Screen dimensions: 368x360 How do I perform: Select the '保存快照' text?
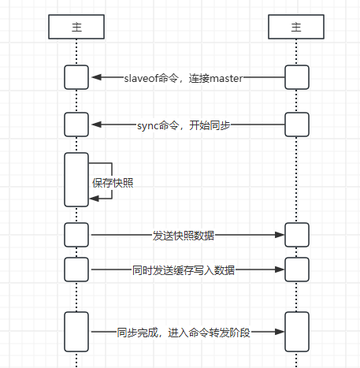[113, 183]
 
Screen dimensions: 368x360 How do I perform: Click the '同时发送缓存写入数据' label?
[184, 270]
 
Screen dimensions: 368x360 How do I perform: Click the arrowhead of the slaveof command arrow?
[96, 77]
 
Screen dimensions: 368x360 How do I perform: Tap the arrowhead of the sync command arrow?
[96, 125]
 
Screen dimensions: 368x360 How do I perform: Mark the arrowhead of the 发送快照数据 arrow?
[279, 235]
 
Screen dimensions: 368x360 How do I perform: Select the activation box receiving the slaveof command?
[76, 77]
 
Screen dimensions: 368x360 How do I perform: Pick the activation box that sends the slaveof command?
[297, 77]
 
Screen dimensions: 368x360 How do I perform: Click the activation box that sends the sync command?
[297, 125]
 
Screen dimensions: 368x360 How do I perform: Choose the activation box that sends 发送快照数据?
[76, 235]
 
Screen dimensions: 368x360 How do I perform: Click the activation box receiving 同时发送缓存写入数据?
[297, 270]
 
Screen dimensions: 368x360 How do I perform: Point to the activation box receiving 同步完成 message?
[297, 331]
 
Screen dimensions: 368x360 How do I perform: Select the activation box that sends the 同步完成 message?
[76, 331]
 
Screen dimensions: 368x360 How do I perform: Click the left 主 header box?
[76, 27]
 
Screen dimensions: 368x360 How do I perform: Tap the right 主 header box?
[297, 27]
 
